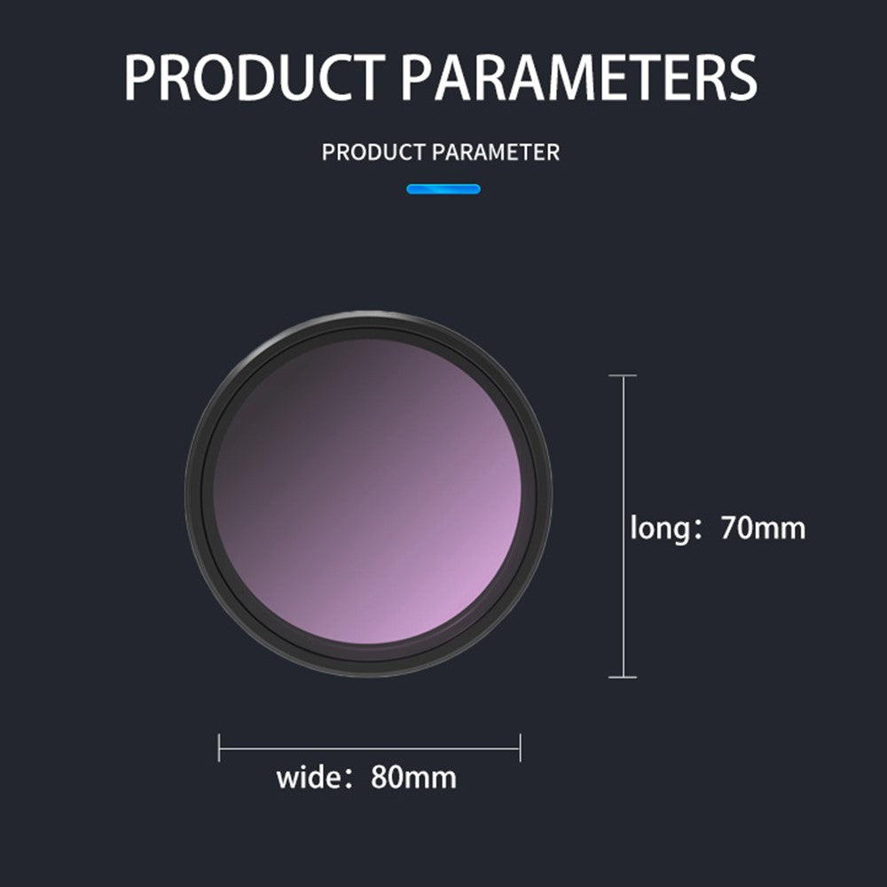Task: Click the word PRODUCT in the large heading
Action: click(x=254, y=77)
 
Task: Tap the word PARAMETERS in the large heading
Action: click(x=578, y=77)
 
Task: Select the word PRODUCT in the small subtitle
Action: click(x=373, y=153)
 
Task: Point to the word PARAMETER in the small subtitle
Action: click(x=496, y=153)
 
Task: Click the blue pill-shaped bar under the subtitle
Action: click(x=443, y=189)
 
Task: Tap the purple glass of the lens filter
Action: click(x=368, y=491)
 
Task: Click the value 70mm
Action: click(x=763, y=528)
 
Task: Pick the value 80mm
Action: click(x=413, y=777)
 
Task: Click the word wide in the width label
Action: click(x=309, y=776)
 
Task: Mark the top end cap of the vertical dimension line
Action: click(x=623, y=375)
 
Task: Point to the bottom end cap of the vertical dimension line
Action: click(x=623, y=677)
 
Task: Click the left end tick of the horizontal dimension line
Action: click(x=219, y=747)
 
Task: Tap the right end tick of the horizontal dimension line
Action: click(x=520, y=747)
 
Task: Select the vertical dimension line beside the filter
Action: click(x=624, y=526)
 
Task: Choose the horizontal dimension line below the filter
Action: click(x=369, y=748)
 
